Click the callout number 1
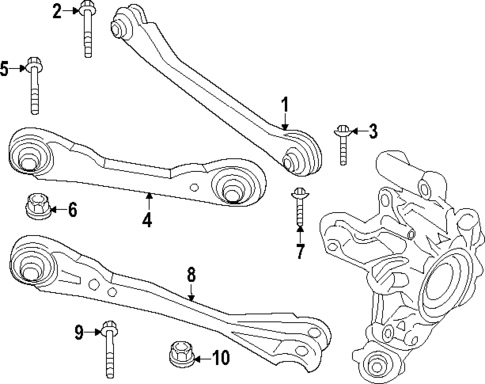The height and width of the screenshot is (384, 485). (x=285, y=104)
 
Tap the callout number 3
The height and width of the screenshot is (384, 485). (x=373, y=130)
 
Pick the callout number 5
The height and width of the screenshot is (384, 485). (x=5, y=68)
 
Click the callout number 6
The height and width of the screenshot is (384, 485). (x=71, y=209)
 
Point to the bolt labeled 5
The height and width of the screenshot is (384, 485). (x=35, y=85)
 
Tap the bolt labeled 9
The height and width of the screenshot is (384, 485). (x=108, y=345)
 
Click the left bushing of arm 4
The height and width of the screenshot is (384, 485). (x=30, y=156)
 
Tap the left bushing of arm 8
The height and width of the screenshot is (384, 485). (x=28, y=265)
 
